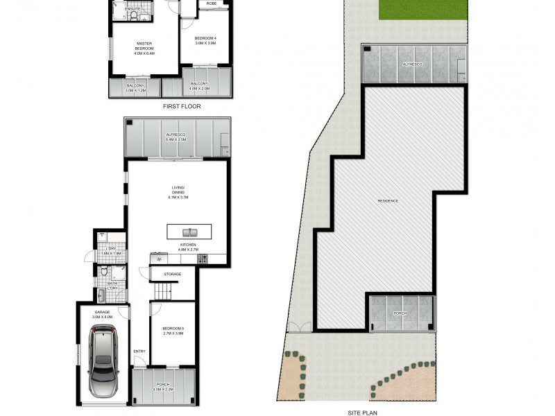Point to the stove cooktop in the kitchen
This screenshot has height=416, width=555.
[x=203, y=259]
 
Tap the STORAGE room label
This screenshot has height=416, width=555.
[x=172, y=275]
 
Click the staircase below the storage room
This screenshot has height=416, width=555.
[x=158, y=294]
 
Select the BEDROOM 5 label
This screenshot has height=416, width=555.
[x=172, y=331]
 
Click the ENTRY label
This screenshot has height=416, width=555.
[x=139, y=351]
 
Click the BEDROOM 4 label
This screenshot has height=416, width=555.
[x=205, y=40]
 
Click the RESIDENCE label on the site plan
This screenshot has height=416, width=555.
[x=388, y=201]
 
